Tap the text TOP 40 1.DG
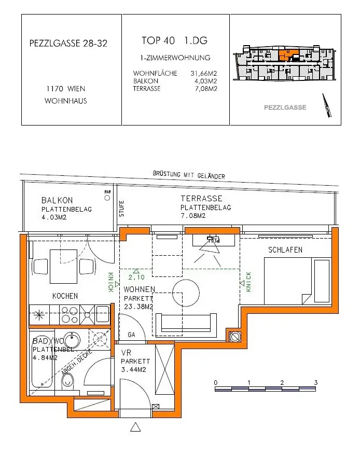(175, 40)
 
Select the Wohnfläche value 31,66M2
(204, 74)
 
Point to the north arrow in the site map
(326, 105)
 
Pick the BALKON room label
(57, 200)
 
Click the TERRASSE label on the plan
(201, 199)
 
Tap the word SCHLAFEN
(285, 250)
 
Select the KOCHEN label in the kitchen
(65, 296)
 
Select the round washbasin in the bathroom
(72, 340)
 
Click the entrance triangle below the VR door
(135, 427)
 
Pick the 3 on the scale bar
(315, 382)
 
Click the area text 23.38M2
(139, 307)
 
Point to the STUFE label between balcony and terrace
(122, 209)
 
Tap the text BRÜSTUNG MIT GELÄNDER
(189, 175)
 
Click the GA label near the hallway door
(132, 335)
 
